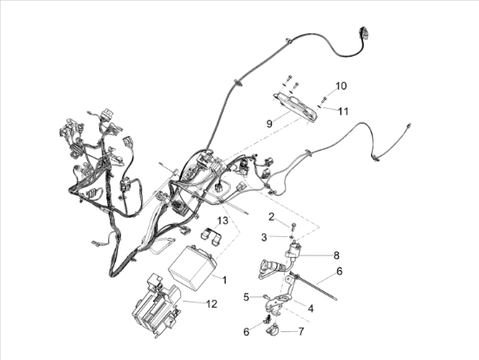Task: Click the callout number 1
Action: [x=225, y=280]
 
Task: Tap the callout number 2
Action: [x=271, y=217]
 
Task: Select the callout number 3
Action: [x=264, y=237]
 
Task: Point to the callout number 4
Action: [x=311, y=309]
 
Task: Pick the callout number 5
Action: [x=246, y=296]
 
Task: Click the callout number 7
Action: [x=301, y=331]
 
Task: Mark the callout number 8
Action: [x=336, y=255]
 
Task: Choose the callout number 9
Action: [x=269, y=124]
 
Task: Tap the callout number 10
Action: [x=341, y=86]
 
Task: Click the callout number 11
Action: [x=343, y=112]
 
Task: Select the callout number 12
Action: [x=212, y=304]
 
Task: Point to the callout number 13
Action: [x=223, y=221]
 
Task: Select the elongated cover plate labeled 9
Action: [x=296, y=106]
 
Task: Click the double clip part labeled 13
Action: [x=211, y=236]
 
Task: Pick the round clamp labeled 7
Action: [x=273, y=330]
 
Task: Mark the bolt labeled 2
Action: [x=293, y=228]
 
